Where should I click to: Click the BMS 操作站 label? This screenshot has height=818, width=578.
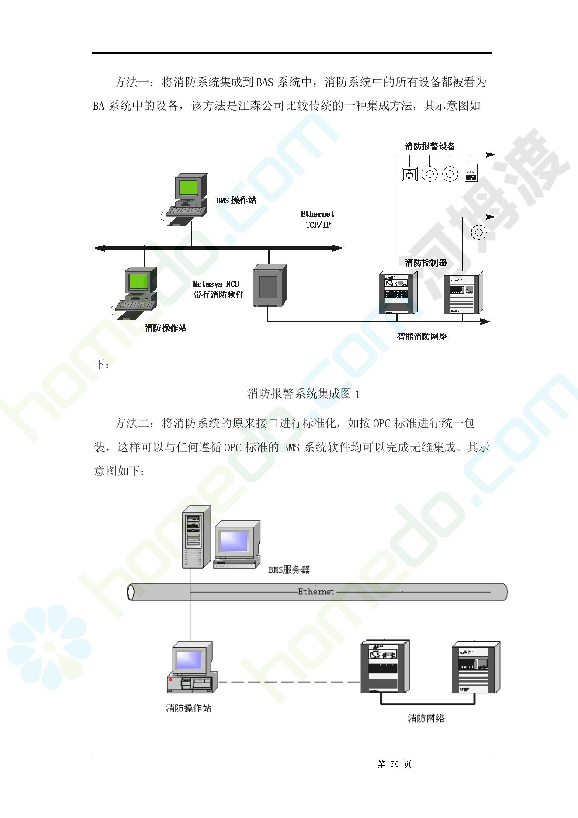click(236, 201)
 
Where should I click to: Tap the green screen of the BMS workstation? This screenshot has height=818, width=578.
click(189, 187)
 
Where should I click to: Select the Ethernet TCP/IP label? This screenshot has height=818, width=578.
click(318, 219)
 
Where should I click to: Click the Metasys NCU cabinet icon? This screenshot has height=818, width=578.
click(270, 285)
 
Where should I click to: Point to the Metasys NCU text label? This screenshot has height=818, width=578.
click(216, 284)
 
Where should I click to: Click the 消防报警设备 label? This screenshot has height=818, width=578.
click(430, 147)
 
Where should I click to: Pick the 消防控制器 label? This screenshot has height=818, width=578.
click(426, 263)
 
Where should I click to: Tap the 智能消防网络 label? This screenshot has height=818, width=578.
click(422, 336)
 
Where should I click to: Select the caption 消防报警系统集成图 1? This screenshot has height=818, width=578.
click(303, 394)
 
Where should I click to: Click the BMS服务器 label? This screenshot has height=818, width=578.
click(289, 570)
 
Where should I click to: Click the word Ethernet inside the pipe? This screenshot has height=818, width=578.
click(315, 592)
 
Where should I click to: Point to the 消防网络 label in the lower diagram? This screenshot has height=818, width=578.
click(426, 718)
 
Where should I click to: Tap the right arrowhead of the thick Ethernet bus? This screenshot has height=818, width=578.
click(337, 248)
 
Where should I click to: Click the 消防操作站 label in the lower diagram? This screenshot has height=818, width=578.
click(188, 708)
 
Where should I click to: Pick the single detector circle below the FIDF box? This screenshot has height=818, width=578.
click(478, 232)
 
